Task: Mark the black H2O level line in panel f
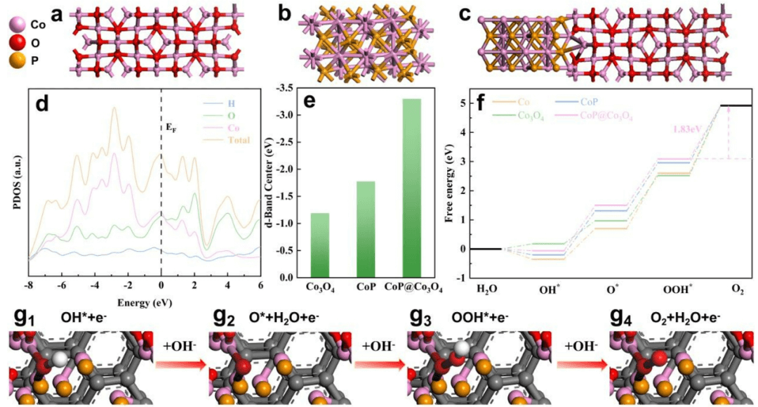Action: pos(485,249)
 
